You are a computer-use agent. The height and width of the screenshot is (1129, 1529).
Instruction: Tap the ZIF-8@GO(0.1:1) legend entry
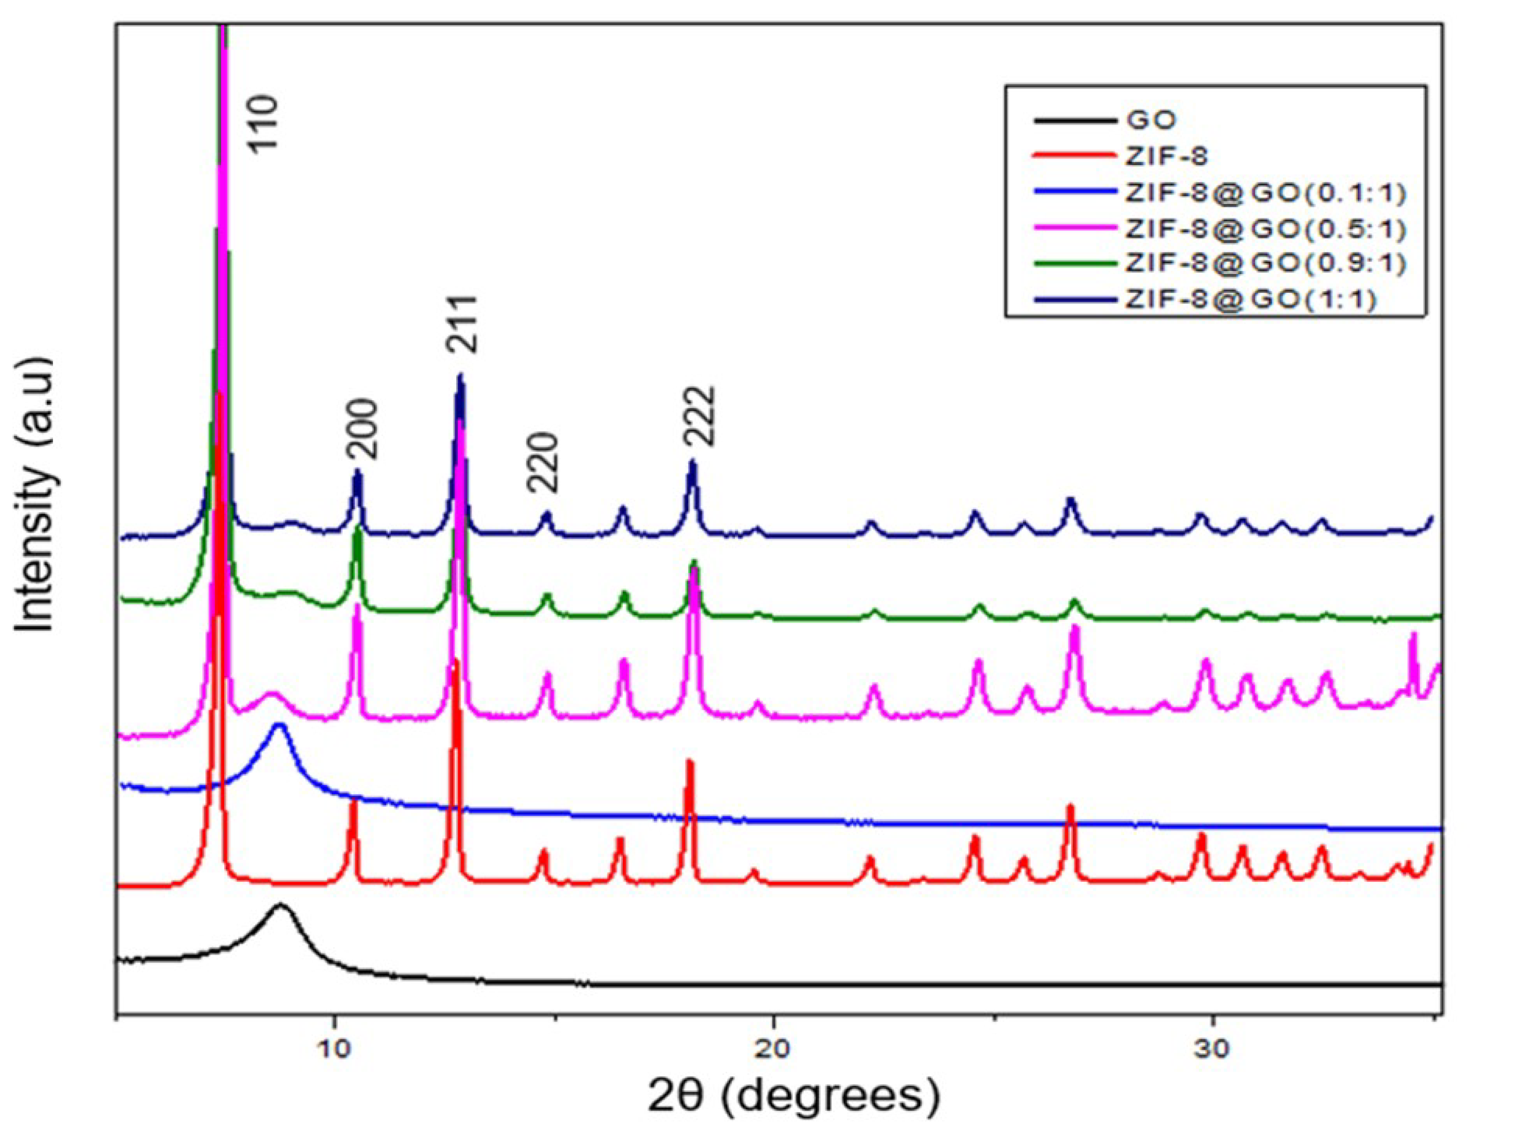pyautogui.click(x=1265, y=193)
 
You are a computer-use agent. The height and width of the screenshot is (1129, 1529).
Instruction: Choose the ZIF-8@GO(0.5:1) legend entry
pyautogui.click(x=1265, y=229)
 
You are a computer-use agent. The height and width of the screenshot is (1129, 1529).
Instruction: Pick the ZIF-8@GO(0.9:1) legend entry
pyautogui.click(x=1265, y=264)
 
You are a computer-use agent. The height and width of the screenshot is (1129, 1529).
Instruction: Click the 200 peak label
pyautogui.click(x=360, y=428)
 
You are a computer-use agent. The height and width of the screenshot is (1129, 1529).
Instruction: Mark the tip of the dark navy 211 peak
pyautogui.click(x=460, y=376)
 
